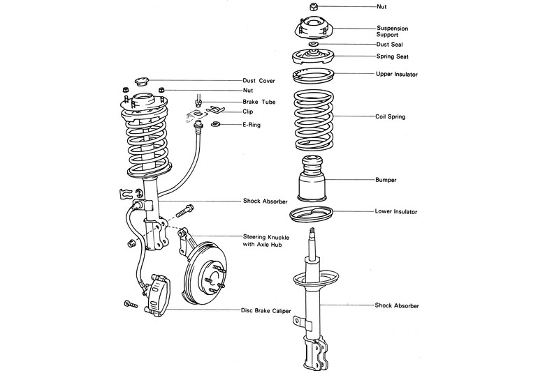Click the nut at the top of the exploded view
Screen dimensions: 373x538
(312, 6)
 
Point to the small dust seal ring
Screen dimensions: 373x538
(312, 45)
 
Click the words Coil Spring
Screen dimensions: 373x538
(390, 116)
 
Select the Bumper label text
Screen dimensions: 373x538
(386, 180)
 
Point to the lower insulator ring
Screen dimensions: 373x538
(312, 214)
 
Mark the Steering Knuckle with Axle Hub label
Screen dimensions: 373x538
(267, 240)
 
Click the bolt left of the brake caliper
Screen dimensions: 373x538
(131, 305)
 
